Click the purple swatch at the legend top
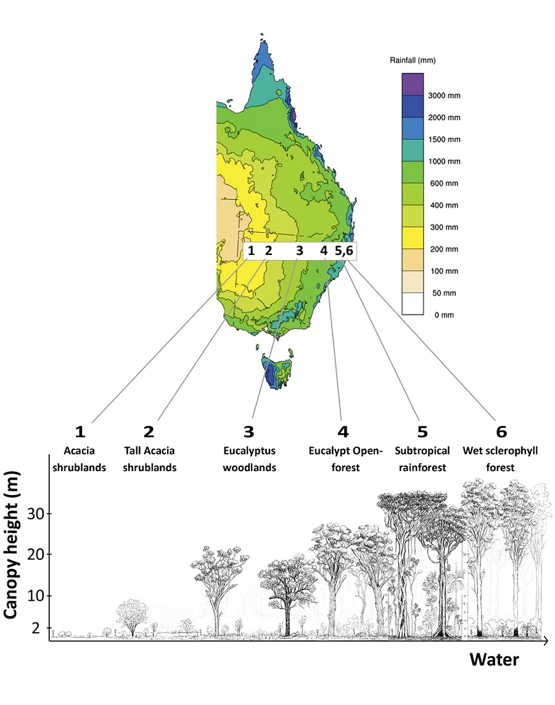412,83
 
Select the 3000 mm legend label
443,96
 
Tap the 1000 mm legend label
443,161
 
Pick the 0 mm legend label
443,315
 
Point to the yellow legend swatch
412,238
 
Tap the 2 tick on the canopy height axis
37,628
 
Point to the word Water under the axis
494,659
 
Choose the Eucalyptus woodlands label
249,459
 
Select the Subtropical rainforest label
422,459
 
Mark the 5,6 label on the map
345,251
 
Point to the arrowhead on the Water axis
546,642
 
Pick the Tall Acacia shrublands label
149,459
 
